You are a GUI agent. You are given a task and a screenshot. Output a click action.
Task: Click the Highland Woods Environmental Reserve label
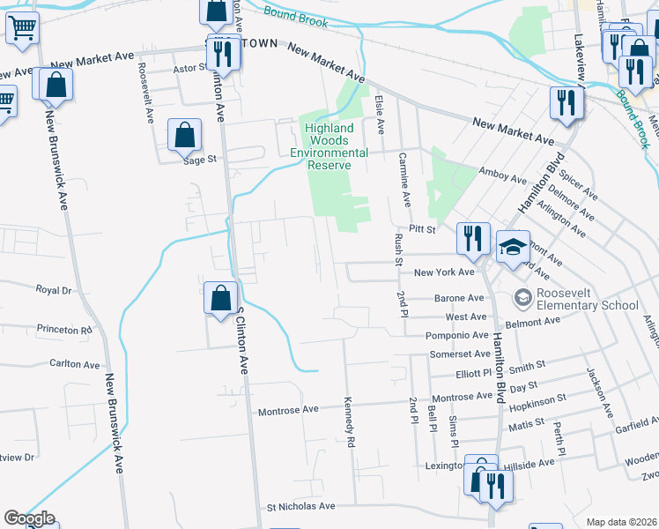[x=329, y=140]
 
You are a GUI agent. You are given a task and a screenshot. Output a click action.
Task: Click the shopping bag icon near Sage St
[x=185, y=136]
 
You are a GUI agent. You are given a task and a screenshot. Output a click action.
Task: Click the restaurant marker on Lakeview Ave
[x=563, y=103]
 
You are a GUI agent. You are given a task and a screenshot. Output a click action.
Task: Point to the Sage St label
[x=199, y=160]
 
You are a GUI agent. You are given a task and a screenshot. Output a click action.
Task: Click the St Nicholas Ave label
[x=301, y=507]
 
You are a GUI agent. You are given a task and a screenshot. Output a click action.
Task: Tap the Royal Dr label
[x=53, y=289]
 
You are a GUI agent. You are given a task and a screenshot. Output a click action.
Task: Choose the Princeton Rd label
[x=64, y=330]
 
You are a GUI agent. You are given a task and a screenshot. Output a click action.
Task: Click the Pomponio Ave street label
[x=456, y=336]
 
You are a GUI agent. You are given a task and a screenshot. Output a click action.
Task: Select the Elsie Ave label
[x=380, y=115]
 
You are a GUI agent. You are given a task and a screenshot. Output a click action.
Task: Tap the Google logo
[x=29, y=518]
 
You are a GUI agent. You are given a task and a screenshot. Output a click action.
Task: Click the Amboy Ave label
[x=501, y=178]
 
